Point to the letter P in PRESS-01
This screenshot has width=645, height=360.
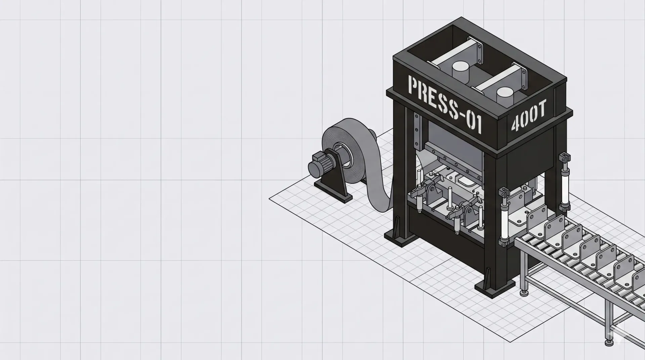coord(412,85)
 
